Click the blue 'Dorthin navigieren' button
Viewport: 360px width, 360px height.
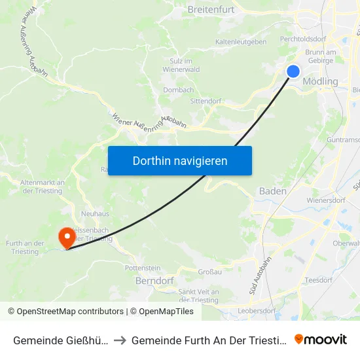(x=180, y=160)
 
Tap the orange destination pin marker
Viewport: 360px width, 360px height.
(x=67, y=237)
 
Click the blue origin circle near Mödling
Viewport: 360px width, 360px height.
(x=293, y=71)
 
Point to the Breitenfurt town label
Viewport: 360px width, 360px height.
(x=211, y=10)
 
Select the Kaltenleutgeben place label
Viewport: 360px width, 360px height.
(x=241, y=42)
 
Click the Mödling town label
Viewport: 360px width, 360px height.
(x=321, y=82)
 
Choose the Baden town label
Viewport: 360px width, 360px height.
(x=272, y=191)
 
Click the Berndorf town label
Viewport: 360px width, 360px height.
(x=153, y=280)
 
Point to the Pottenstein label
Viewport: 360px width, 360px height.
(x=142, y=268)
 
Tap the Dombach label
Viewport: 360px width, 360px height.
(x=178, y=90)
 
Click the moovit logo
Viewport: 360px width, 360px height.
(x=321, y=339)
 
